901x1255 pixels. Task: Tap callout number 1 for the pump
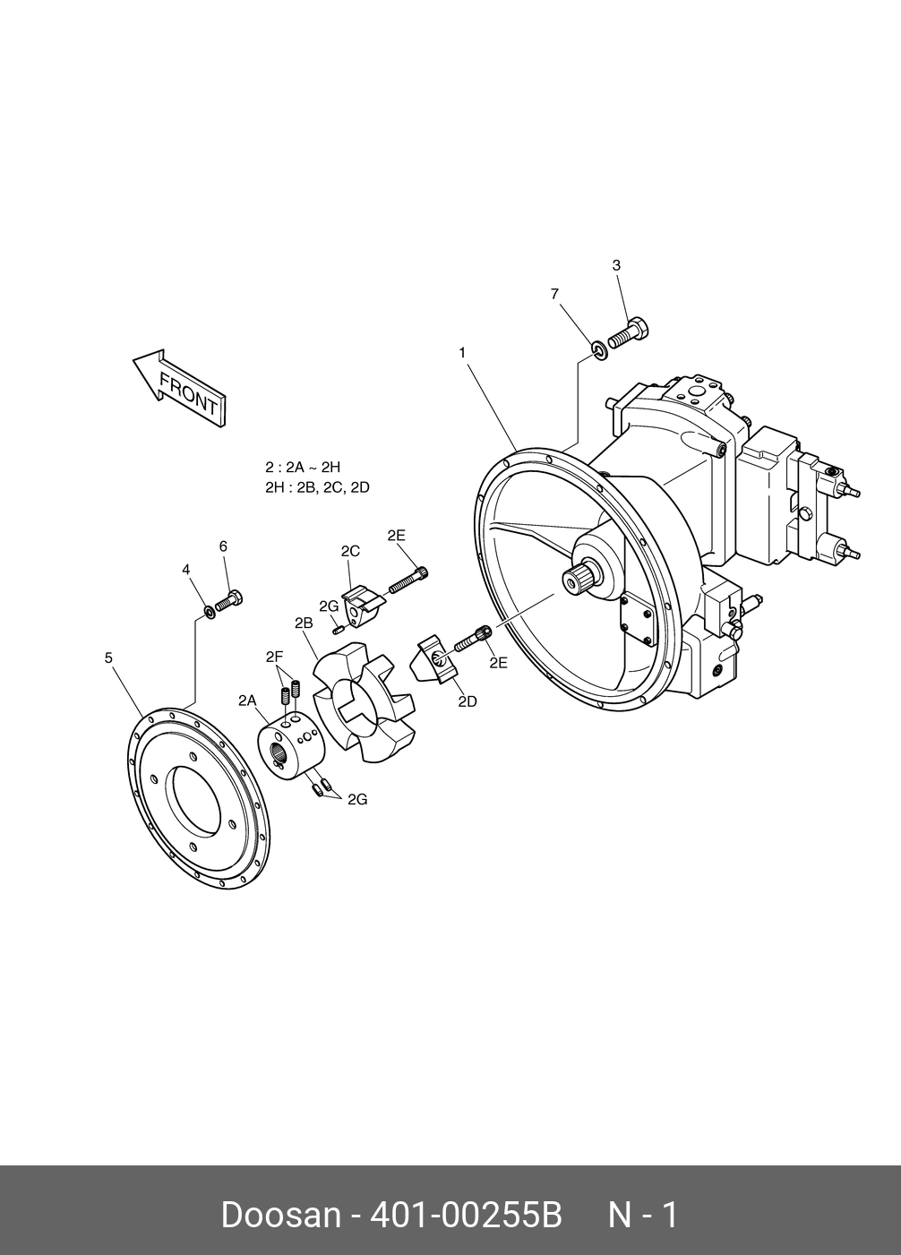[x=462, y=353]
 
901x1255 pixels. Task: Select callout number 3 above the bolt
[x=616, y=265]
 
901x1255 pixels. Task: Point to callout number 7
[x=554, y=294]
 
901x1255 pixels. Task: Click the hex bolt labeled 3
[x=629, y=333]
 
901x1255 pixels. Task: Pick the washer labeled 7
[x=599, y=349]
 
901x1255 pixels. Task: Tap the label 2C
[x=350, y=552]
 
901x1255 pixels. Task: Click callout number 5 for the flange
[x=108, y=658]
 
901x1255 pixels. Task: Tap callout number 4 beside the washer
[x=186, y=570]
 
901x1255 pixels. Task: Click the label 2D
[x=468, y=701]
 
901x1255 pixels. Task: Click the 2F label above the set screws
[x=275, y=657]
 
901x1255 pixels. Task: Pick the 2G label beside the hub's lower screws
[x=357, y=799]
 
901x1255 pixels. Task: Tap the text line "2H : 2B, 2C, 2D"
[x=317, y=487]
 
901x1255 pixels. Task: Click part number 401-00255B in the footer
[x=466, y=1216]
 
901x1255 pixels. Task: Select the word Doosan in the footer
[x=280, y=1216]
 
